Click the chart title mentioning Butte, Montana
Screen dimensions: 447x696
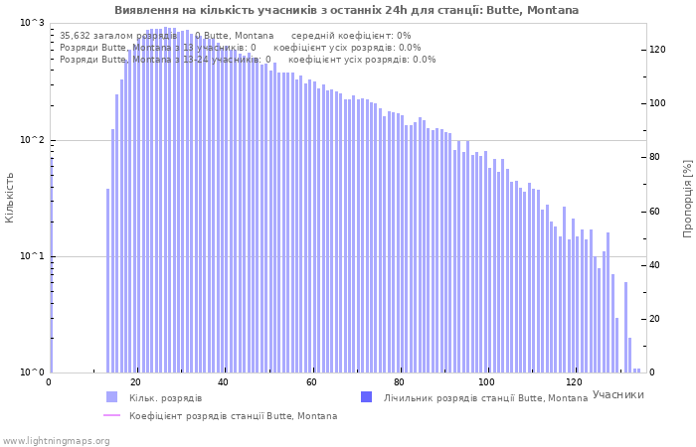tap(346, 10)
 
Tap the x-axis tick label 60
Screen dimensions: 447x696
tap(311, 382)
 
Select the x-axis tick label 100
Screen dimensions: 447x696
tap(486, 382)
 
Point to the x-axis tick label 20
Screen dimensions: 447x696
tap(136, 382)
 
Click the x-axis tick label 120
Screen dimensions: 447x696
tap(574, 382)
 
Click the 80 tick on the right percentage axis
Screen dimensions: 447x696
tap(657, 157)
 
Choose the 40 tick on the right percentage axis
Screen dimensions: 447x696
tap(657, 265)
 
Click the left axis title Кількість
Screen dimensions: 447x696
tap(10, 197)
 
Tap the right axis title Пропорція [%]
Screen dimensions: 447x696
tap(687, 198)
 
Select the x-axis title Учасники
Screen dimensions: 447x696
tap(617, 394)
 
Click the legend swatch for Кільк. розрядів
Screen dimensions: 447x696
tap(112, 397)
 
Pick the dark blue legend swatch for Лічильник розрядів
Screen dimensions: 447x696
tap(367, 397)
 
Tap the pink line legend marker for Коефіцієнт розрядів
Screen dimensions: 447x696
tap(112, 416)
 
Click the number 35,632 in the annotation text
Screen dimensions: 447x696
tap(77, 36)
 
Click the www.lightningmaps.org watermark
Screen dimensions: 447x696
tap(56, 440)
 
